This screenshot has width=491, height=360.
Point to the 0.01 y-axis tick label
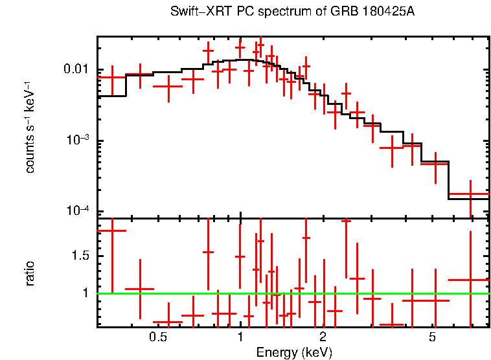(80, 69)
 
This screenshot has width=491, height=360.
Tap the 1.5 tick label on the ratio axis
(84, 256)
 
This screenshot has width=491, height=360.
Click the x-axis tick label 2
(323, 337)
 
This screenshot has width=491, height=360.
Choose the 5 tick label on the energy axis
(432, 337)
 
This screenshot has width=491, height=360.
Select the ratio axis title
(30, 273)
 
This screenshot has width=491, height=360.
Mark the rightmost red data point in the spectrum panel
(470, 194)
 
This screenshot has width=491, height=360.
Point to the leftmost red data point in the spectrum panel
(112, 77)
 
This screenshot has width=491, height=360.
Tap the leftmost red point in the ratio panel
(112, 231)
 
